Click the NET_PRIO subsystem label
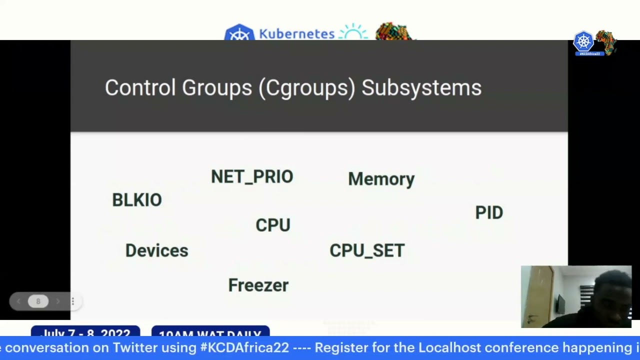(x=252, y=177)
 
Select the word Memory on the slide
(x=381, y=179)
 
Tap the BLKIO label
(x=137, y=200)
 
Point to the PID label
(x=489, y=212)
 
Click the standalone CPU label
(x=272, y=225)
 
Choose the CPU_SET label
(x=367, y=250)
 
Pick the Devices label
(x=156, y=250)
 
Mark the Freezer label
(x=258, y=285)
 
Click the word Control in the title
(x=139, y=87)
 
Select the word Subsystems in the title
(x=421, y=87)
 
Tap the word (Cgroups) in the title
(x=307, y=87)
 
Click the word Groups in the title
(x=216, y=87)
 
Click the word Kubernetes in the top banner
(x=296, y=34)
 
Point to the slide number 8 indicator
(x=38, y=301)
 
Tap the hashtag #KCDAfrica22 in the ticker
(x=244, y=347)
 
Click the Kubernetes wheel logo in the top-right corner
(x=583, y=42)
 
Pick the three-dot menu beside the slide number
(x=72, y=301)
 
